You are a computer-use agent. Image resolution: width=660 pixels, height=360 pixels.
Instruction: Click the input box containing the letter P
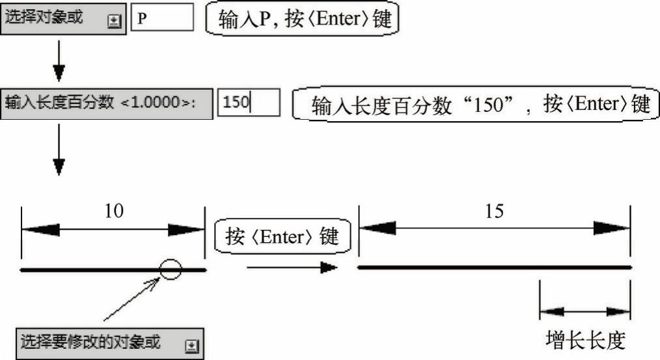pyautogui.click(x=162, y=18)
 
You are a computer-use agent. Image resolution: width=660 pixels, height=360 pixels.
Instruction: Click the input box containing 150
pyautogui.click(x=248, y=103)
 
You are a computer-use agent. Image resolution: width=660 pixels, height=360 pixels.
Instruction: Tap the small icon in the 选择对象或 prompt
pyautogui.click(x=113, y=20)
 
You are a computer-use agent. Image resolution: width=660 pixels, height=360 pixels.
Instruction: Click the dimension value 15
pyautogui.click(x=495, y=212)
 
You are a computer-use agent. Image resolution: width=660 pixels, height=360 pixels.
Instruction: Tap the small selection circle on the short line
pyautogui.click(x=170, y=268)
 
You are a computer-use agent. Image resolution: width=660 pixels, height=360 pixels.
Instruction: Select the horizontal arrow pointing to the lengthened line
pyautogui.click(x=292, y=267)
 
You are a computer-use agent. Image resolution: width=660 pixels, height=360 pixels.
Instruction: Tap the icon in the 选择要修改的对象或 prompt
pyautogui.click(x=191, y=346)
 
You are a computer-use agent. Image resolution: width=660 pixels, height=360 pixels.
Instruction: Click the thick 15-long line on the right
pyautogui.click(x=495, y=267)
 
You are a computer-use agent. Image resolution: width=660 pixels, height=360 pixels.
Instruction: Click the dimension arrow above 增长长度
pyautogui.click(x=584, y=311)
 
